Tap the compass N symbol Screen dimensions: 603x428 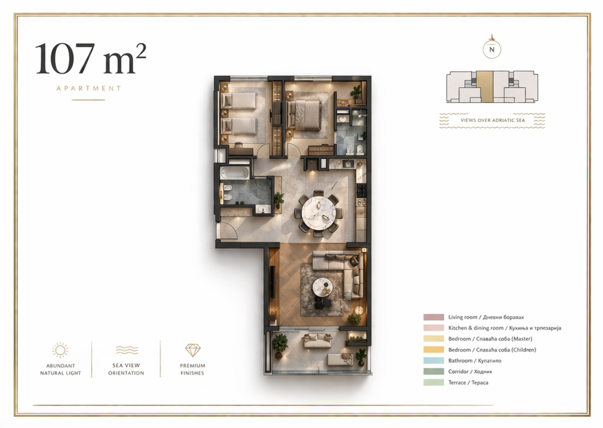coord(492,49)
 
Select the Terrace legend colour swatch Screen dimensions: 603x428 coord(433,382)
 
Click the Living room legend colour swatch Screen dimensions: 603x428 coord(433,317)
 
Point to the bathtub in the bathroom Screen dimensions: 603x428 coord(235,173)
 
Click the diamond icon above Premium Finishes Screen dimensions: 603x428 coord(193,350)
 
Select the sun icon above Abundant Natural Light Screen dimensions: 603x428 coord(60,350)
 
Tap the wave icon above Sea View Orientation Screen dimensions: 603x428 coord(127,350)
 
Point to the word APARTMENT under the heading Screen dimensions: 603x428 coord(89,88)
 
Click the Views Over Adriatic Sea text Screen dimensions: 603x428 coord(493,120)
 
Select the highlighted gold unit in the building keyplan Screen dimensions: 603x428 coord(485,87)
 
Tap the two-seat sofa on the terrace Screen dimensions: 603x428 coord(318,341)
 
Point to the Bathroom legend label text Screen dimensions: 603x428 coord(474,361)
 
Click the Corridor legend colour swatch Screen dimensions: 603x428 coord(433,371)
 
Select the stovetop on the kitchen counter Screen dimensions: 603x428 coord(361,190)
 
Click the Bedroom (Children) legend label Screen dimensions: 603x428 coord(492,350)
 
